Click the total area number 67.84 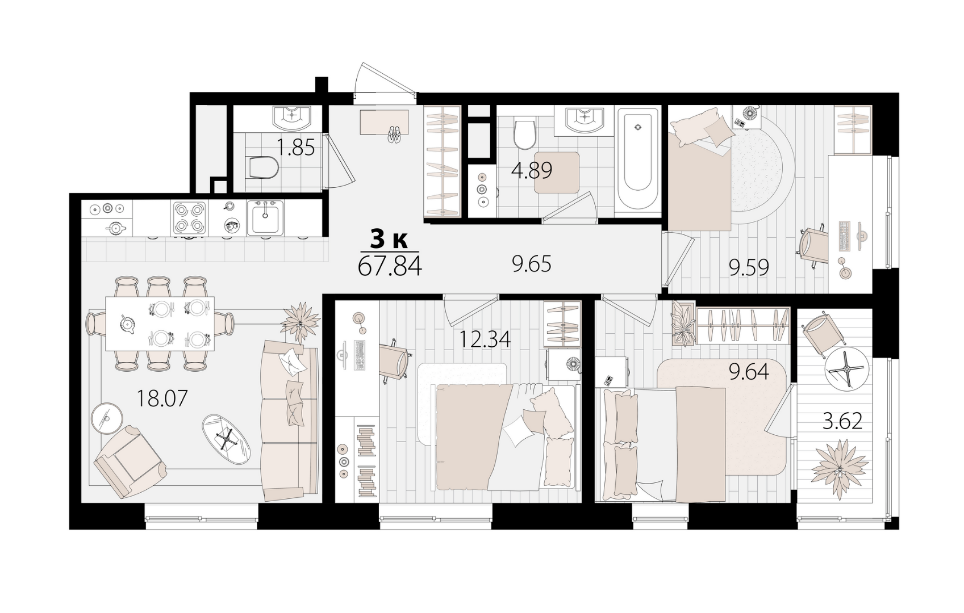point(390,267)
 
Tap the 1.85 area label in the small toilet point(295,148)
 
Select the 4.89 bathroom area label point(532,171)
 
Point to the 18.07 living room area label point(162,398)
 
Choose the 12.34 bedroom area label point(485,339)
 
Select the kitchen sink point(265,218)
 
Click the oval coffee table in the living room point(226,439)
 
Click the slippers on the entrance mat point(394,135)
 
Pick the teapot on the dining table point(127,324)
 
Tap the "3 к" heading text point(389,240)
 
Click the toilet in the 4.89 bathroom point(525,134)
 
